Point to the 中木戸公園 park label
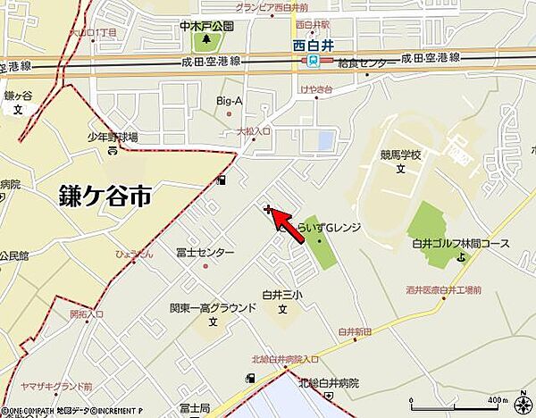pos(206,26)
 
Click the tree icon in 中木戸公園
pos(207,39)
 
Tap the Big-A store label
pos(230,102)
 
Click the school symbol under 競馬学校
pos(402,168)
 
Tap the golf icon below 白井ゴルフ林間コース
pos(461,258)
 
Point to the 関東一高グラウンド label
pos(213,307)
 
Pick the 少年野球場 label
pos(113,137)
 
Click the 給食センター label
pos(367,63)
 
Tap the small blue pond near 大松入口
pos(325,140)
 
